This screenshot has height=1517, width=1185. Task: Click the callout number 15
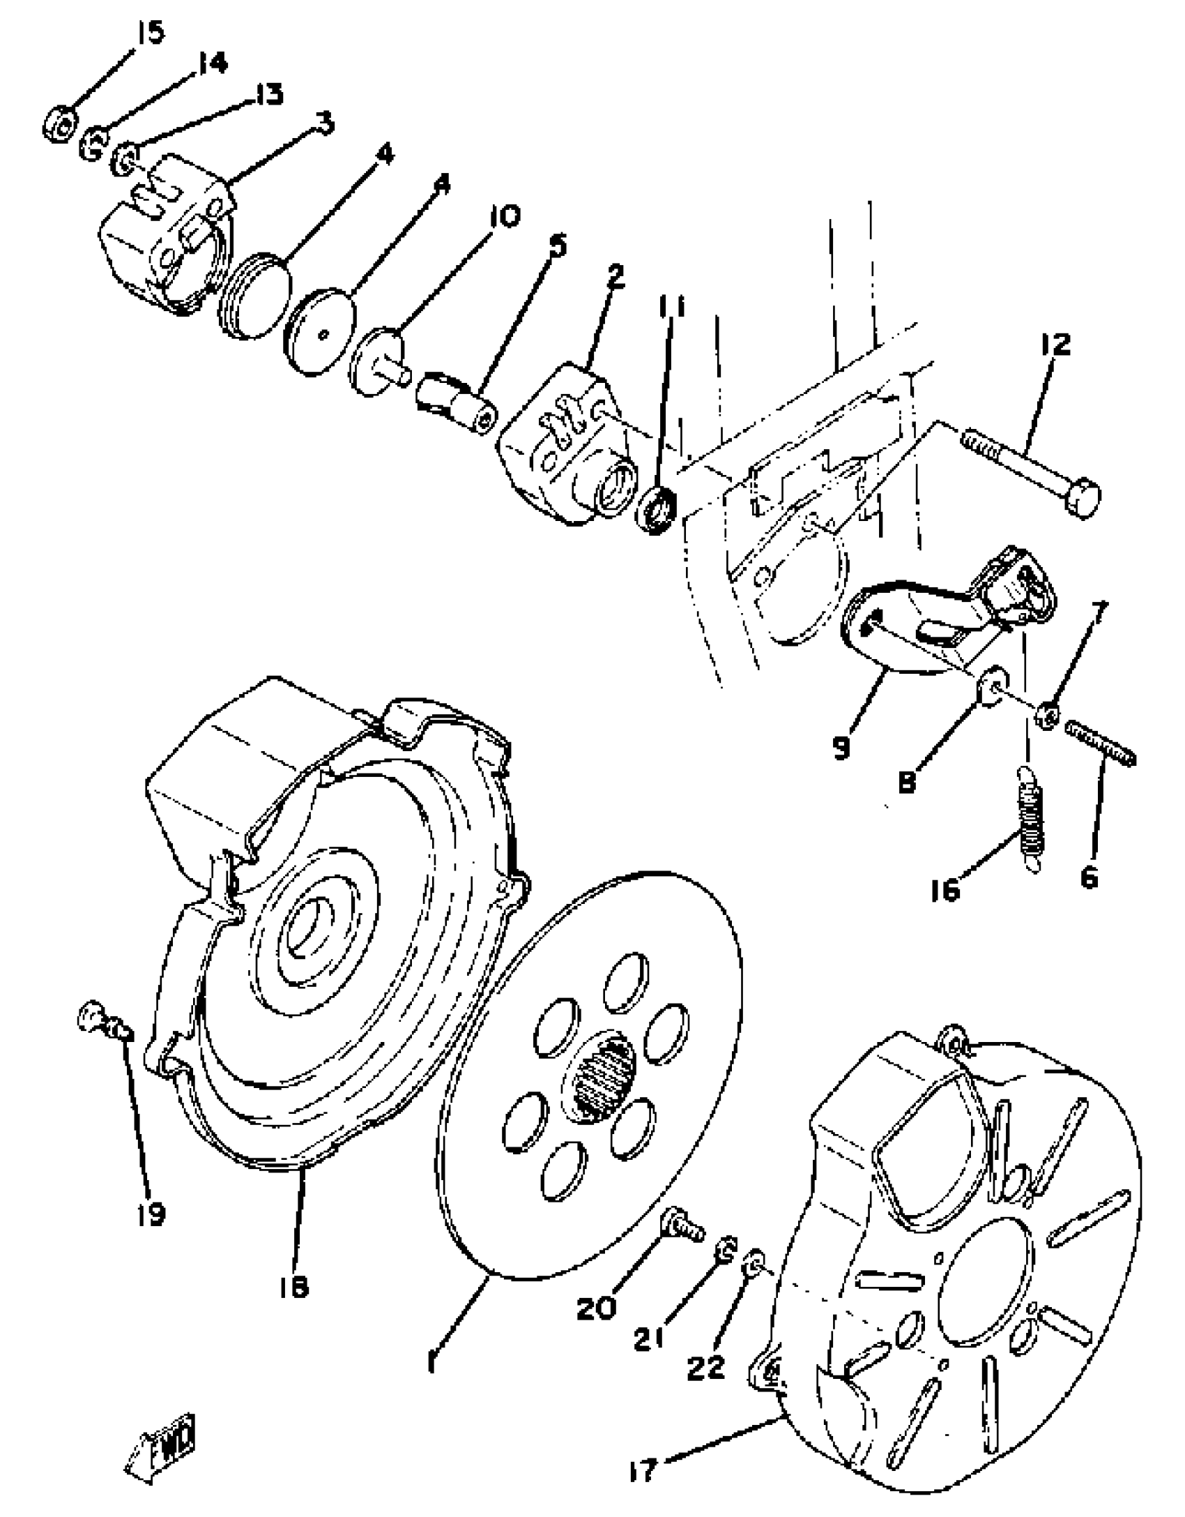pyautogui.click(x=148, y=32)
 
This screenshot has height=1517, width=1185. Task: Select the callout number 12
pyautogui.click(x=1055, y=346)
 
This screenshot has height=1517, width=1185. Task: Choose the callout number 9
pyautogui.click(x=841, y=748)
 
